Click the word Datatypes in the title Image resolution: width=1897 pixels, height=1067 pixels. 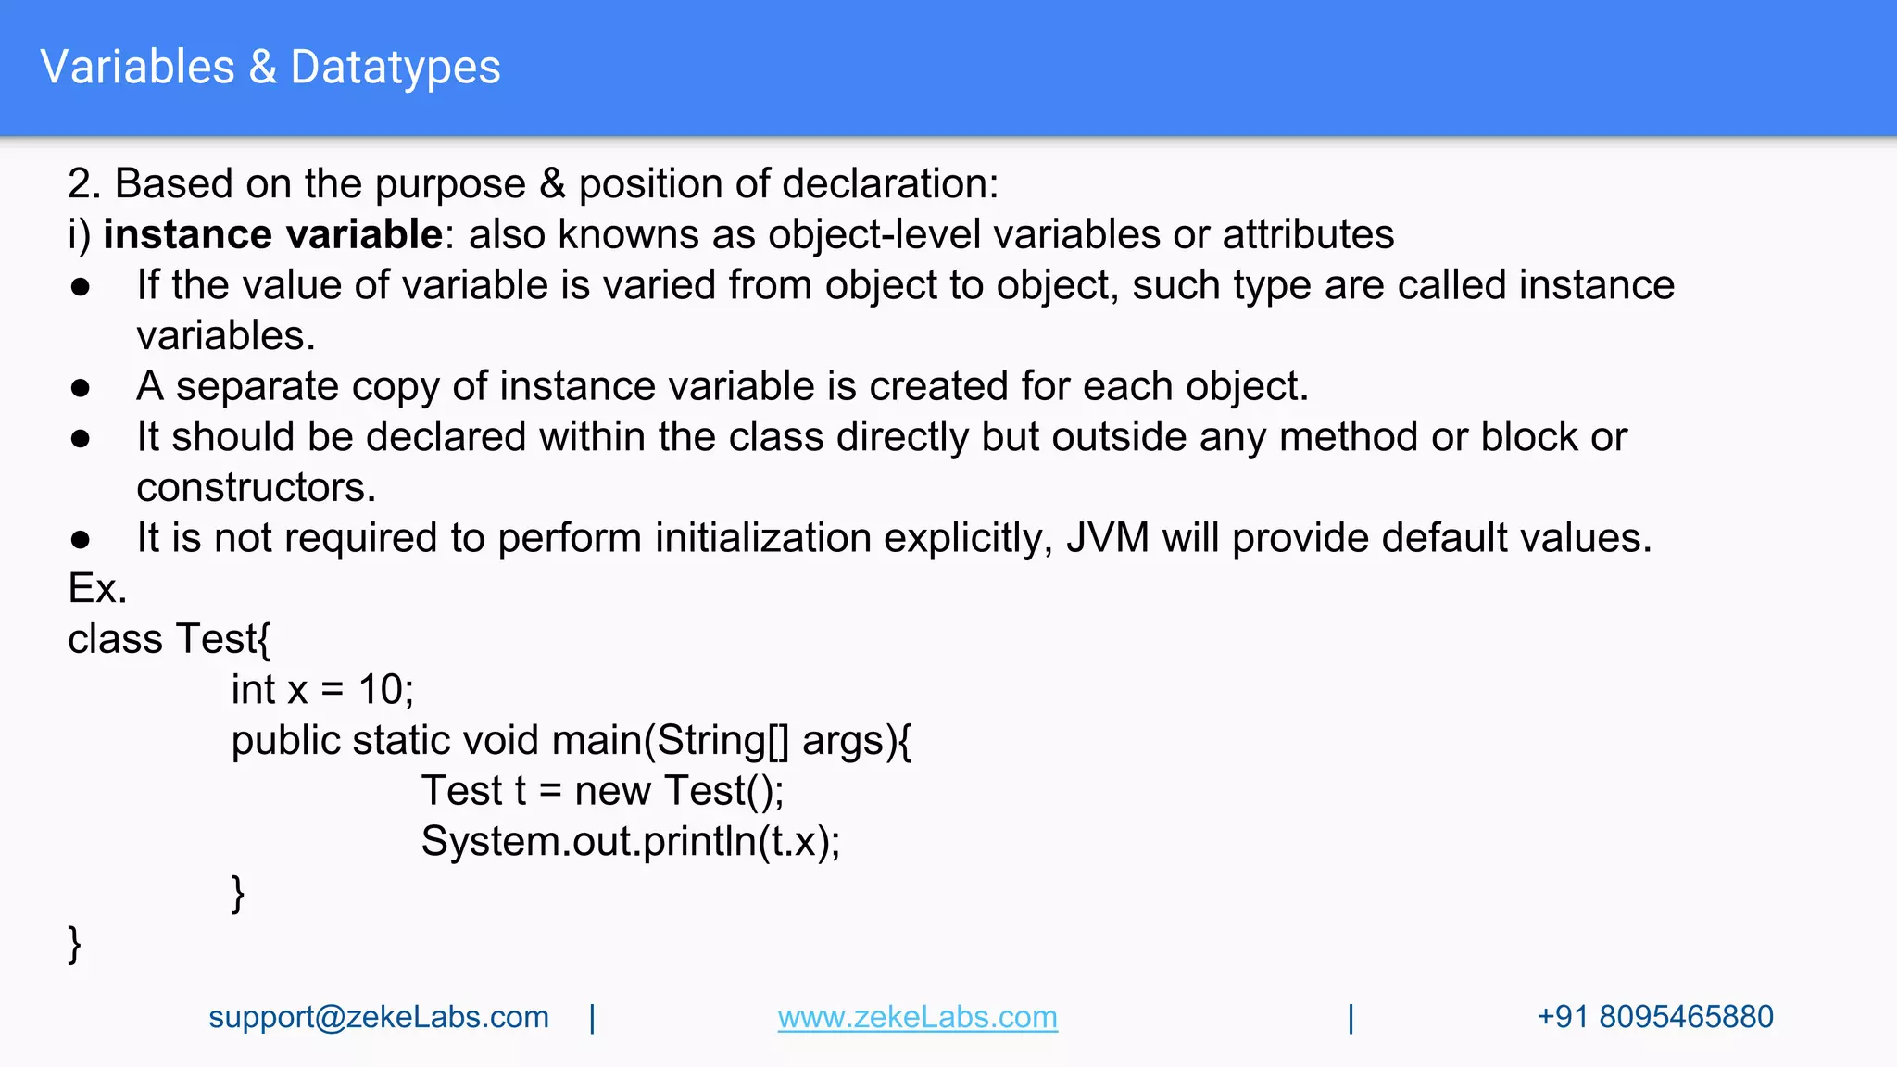pyautogui.click(x=396, y=68)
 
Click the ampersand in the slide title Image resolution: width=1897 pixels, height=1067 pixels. pyautogui.click(x=263, y=68)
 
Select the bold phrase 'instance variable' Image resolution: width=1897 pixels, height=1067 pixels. pyautogui.click(x=273, y=234)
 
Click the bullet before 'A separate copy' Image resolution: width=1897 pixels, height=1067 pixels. pyautogui.click(x=81, y=387)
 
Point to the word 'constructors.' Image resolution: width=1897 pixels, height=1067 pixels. pyautogui.click(x=257, y=487)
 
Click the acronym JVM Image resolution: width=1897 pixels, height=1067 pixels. pyautogui.click(x=1107, y=538)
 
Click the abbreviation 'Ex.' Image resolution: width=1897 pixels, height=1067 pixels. pyautogui.click(x=97, y=588)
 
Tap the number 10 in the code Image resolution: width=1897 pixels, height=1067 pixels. pyautogui.click(x=381, y=690)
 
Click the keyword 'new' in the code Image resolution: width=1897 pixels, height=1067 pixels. pyautogui.click(x=612, y=791)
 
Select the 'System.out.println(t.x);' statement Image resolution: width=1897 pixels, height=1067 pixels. pyautogui.click(x=630, y=841)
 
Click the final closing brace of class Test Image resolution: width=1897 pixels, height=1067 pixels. pyautogui.click(x=75, y=944)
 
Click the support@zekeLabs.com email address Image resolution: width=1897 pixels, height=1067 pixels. pyautogui.click(x=378, y=1017)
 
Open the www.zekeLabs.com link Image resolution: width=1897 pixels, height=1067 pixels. pyautogui.click(x=917, y=1017)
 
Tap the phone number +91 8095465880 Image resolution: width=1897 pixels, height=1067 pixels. pyautogui.click(x=1654, y=1017)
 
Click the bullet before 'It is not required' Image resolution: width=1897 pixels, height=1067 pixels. pyautogui.click(x=81, y=539)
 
